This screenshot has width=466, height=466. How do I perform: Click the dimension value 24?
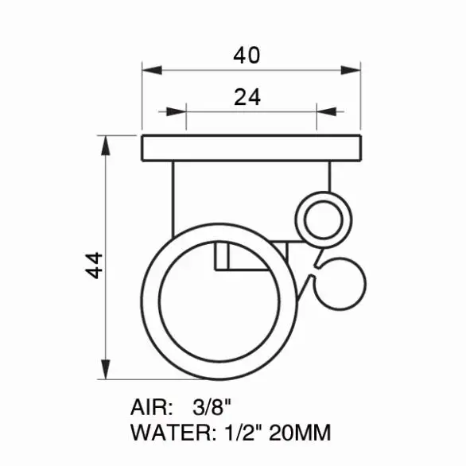[247, 97]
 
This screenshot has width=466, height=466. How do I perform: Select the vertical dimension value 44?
[95, 264]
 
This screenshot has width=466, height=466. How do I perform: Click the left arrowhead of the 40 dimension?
[150, 70]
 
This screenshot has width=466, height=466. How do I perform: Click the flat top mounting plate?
[251, 148]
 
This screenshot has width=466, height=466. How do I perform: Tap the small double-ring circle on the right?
[320, 217]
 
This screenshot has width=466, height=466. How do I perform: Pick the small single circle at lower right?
[344, 282]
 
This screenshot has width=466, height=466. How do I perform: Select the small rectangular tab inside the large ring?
[223, 257]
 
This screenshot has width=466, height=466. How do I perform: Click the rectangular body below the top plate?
[251, 195]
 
